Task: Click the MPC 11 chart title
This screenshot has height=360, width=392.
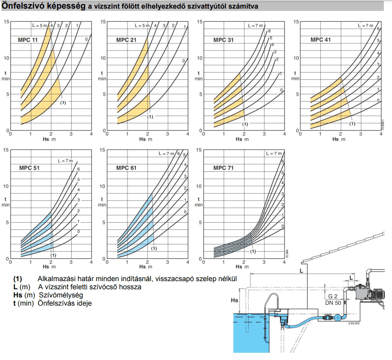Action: pos(28,40)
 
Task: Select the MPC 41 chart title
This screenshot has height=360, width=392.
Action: pos(320,40)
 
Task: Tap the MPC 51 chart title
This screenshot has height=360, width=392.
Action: pos(29,168)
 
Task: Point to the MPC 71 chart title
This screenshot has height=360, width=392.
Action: pos(224,168)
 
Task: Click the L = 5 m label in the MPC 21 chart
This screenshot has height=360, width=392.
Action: pos(142,25)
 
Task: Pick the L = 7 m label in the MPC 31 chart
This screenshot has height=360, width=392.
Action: pos(255,25)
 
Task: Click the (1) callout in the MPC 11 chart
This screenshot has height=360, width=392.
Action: pos(63,102)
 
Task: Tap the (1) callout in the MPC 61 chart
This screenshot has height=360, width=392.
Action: pos(154,248)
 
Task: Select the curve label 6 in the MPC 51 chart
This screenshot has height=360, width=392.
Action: pos(78,169)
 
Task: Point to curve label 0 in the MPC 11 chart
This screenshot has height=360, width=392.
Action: pos(87,39)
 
